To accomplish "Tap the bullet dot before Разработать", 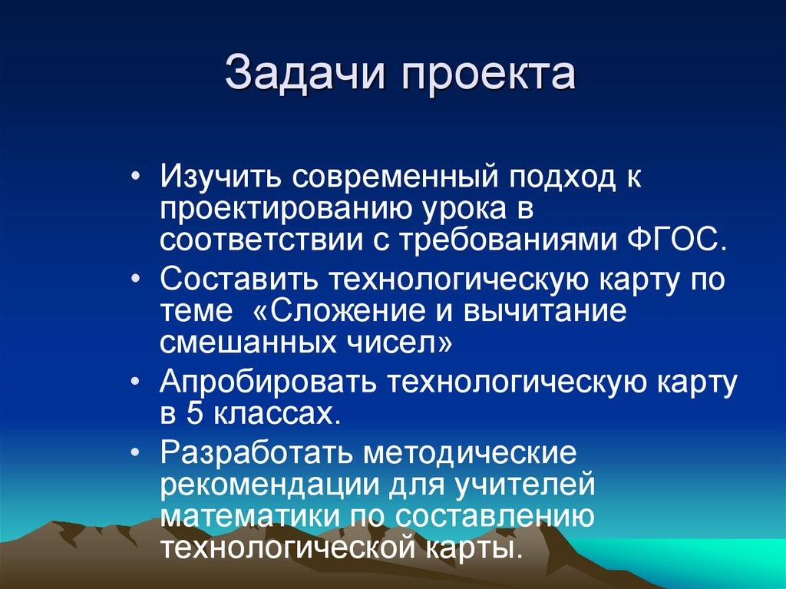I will coord(135,451).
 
